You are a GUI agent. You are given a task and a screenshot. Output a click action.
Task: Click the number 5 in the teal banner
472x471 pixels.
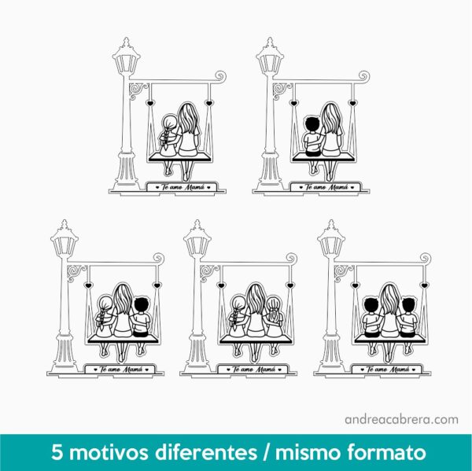57,453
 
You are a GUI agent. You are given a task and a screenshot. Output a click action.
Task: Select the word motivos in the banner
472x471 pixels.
106,453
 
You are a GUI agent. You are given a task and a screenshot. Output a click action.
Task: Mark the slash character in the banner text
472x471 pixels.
271,453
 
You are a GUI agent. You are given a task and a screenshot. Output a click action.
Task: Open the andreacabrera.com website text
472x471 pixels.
401,419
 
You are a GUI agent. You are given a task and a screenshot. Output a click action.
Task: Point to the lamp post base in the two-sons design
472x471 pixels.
331,354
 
